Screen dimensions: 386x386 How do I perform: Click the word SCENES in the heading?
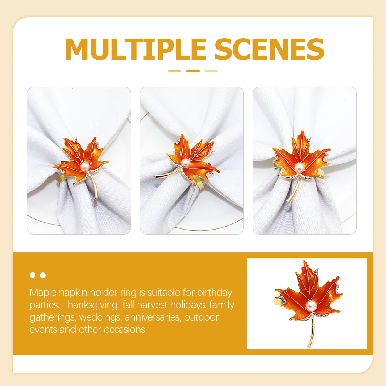click(269, 49)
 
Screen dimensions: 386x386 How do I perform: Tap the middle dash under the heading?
click(193, 71)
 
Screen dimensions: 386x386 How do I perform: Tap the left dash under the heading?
click(175, 71)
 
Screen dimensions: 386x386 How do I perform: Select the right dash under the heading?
click(211, 71)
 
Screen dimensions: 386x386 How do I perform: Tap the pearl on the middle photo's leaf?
click(185, 162)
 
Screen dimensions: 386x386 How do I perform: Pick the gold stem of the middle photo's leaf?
click(166, 174)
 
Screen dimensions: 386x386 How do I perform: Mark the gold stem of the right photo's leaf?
click(294, 190)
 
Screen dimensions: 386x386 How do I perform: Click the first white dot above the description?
click(32, 275)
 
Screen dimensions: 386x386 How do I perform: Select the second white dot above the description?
click(43, 275)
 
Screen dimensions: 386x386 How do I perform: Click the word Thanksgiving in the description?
click(91, 305)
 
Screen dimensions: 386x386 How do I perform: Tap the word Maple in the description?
click(43, 293)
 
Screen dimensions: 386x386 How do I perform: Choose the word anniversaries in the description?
click(153, 317)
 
